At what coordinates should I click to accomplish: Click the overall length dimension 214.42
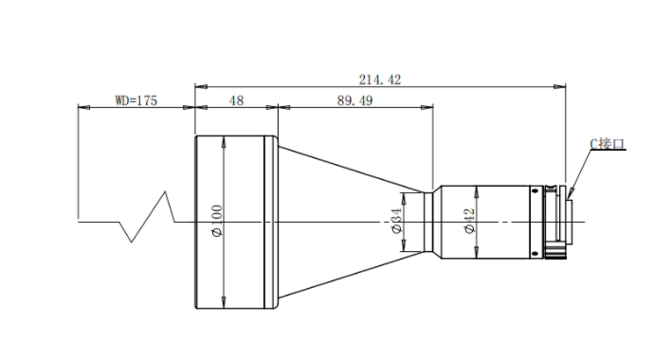tap(380, 80)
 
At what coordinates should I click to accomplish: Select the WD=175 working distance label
tap(136, 100)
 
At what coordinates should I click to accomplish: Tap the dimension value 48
tap(236, 100)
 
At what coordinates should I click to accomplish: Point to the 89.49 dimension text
tap(354, 100)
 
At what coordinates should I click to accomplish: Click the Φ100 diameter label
tap(217, 221)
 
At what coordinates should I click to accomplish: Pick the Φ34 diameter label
tap(396, 221)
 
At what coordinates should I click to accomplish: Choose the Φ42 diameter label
tap(469, 221)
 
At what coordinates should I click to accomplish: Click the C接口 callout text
tap(608, 144)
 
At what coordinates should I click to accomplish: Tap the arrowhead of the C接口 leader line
tap(570, 194)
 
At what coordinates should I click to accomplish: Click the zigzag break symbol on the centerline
tap(148, 216)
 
